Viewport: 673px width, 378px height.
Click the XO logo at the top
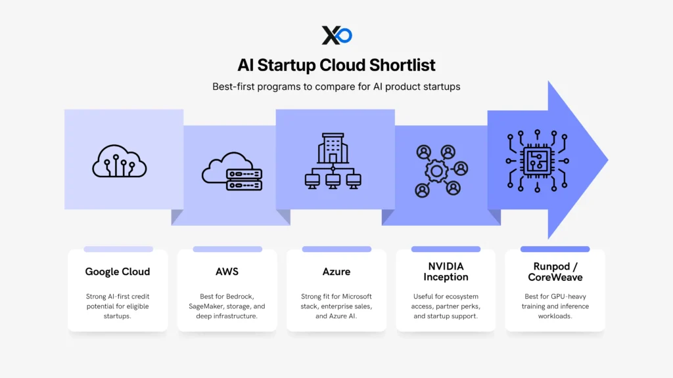point(336,35)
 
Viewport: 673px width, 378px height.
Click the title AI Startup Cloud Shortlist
point(336,65)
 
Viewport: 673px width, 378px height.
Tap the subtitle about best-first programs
point(336,87)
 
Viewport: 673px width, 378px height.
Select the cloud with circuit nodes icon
point(120,160)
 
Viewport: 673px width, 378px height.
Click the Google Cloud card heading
point(118,272)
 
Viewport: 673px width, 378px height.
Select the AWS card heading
point(227,272)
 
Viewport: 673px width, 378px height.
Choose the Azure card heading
point(336,272)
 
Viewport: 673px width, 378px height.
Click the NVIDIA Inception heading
point(445,272)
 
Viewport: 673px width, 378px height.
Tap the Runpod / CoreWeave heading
point(554,272)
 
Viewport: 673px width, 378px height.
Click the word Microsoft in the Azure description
point(356,297)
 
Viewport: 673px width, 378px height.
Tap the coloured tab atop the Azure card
point(336,249)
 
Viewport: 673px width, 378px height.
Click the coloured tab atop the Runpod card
point(554,249)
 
